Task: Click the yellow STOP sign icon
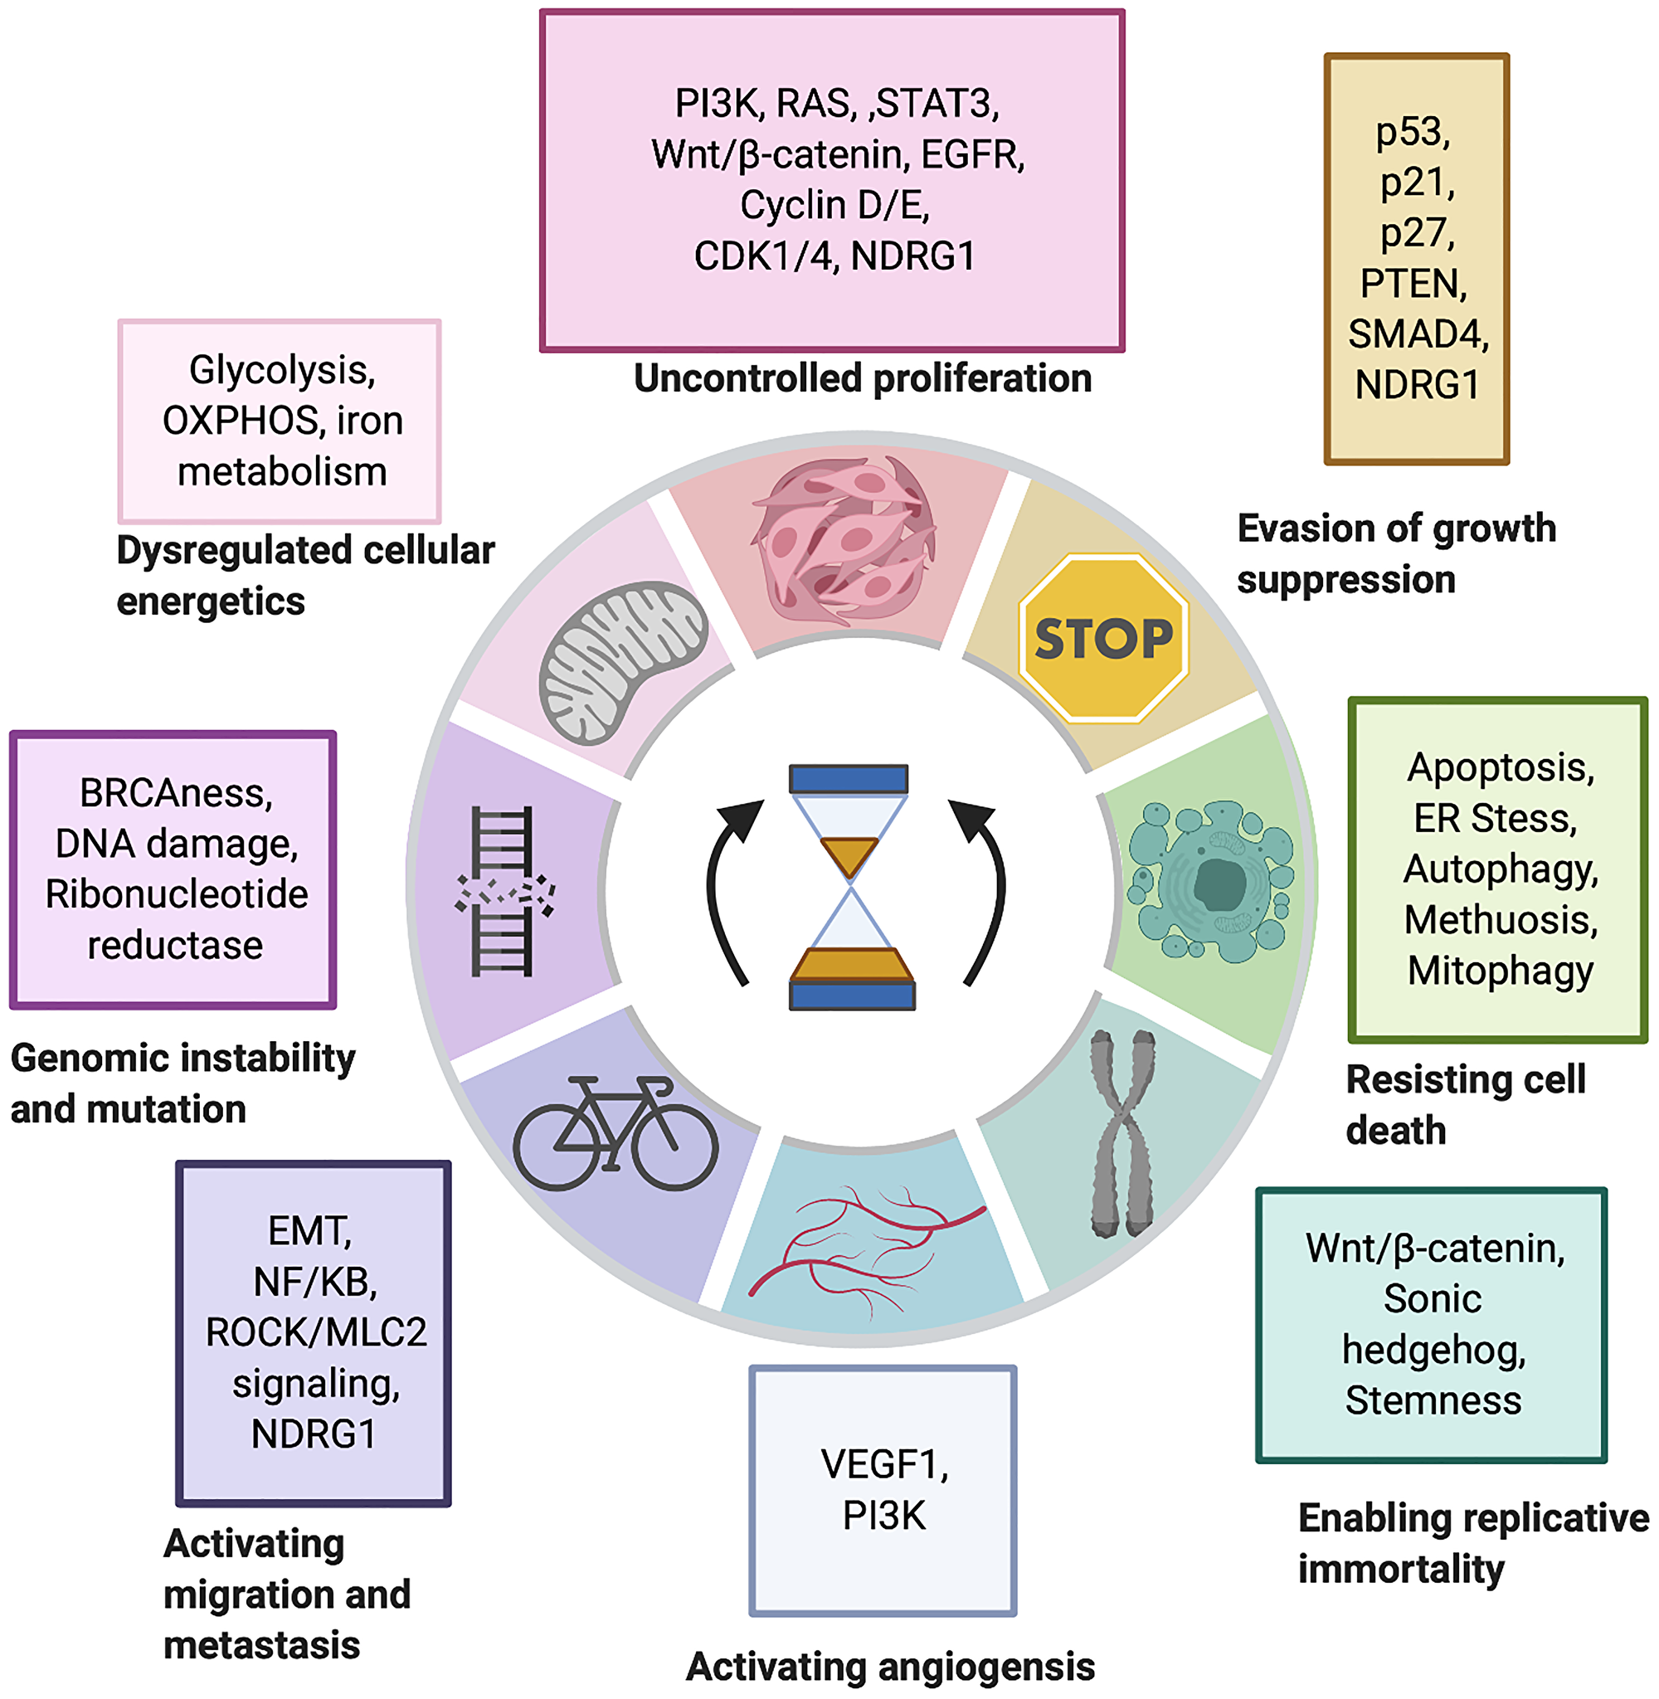pos(1103,639)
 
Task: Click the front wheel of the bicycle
pos(673,1146)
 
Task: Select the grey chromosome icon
pos(1124,1132)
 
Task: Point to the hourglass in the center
pos(850,887)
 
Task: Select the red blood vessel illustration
pos(863,1246)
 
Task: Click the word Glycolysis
pos(281,370)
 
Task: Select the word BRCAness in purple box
pos(176,793)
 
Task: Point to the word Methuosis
pos(1501,920)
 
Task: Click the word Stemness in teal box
pos(1433,1400)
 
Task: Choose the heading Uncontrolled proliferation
pos(862,379)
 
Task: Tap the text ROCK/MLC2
pos(315,1332)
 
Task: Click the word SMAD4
pos(1417,334)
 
